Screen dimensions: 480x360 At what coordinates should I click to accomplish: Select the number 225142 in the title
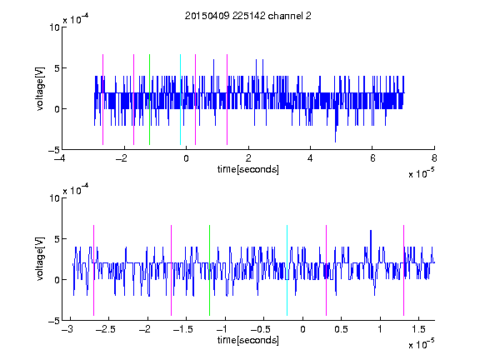click(x=248, y=16)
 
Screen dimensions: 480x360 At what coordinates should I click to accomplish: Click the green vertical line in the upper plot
click(x=149, y=99)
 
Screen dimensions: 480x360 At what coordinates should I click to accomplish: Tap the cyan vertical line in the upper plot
click(x=180, y=99)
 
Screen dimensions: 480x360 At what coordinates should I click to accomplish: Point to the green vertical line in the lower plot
click(x=209, y=270)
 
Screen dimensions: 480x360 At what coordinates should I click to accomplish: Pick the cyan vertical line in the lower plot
click(x=287, y=270)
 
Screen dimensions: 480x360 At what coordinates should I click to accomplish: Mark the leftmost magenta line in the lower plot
click(x=93, y=270)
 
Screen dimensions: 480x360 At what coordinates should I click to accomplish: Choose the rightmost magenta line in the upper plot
click(x=227, y=99)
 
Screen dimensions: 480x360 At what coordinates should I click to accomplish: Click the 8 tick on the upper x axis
click(x=434, y=158)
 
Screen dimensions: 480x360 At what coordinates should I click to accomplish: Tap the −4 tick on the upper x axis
click(x=60, y=158)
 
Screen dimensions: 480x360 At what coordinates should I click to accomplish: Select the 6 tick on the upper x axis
click(x=372, y=158)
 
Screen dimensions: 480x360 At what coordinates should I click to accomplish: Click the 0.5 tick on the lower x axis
click(x=341, y=329)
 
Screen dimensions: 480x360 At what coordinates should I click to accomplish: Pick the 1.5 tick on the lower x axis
click(x=418, y=329)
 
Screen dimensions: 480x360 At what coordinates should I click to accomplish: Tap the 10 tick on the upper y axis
click(x=54, y=27)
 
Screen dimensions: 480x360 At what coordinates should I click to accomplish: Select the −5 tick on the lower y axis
click(x=54, y=321)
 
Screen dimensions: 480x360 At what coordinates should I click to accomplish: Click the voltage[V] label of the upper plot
click(x=40, y=88)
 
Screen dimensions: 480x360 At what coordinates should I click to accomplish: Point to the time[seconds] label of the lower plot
click(x=248, y=340)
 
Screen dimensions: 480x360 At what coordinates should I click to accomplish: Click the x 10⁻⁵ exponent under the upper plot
click(x=421, y=173)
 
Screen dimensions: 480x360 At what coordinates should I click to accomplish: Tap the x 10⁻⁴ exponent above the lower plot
click(x=76, y=190)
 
